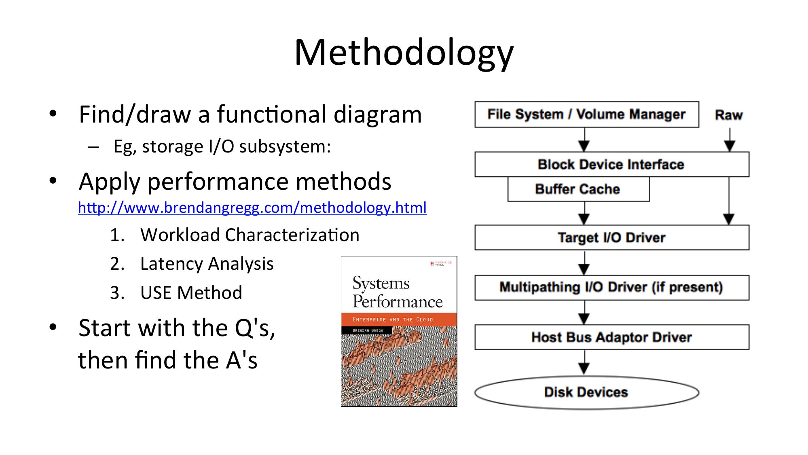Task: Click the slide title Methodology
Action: [404, 53]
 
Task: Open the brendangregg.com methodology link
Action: [252, 207]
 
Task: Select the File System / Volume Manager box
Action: [586, 114]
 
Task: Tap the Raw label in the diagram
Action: [729, 115]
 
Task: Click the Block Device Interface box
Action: [611, 165]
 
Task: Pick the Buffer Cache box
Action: [578, 189]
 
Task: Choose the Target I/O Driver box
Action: [611, 237]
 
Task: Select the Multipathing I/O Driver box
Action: [611, 288]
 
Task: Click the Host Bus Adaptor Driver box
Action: [611, 337]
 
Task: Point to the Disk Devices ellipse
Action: [586, 392]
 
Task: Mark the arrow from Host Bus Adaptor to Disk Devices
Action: [584, 362]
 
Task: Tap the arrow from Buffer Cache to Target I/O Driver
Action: [584, 213]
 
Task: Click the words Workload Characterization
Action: [250, 235]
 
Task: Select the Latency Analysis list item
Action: [207, 264]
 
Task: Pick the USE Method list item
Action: [191, 293]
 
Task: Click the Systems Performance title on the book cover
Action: [397, 292]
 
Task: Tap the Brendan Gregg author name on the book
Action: [368, 330]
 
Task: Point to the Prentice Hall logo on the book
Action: [441, 264]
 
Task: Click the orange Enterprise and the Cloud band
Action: [399, 320]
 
